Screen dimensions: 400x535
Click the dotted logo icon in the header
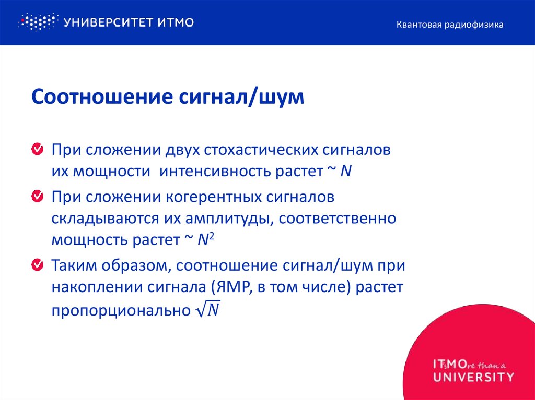click(x=37, y=21)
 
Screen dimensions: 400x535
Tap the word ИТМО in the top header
click(x=176, y=22)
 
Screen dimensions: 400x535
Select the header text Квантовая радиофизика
click(x=450, y=25)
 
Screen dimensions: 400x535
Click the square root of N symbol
click(x=207, y=310)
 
